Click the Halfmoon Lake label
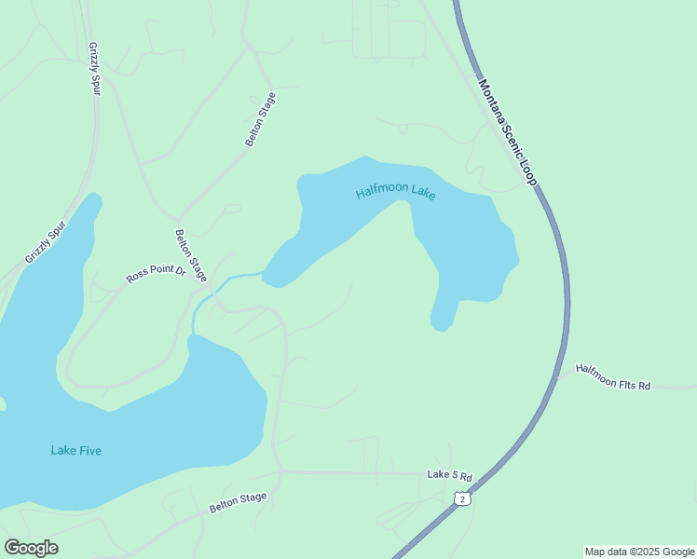[395, 194]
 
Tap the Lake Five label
[75, 451]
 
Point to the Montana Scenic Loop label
[508, 131]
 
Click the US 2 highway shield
[461, 499]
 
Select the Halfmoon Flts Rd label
[612, 376]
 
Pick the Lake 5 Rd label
[450, 476]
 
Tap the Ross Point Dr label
[156, 277]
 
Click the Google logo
[31, 548]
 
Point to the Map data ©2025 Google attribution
[640, 552]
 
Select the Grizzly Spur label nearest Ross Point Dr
[46, 241]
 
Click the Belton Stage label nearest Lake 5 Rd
[238, 503]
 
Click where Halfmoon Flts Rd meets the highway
[560, 375]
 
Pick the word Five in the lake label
[89, 451]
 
